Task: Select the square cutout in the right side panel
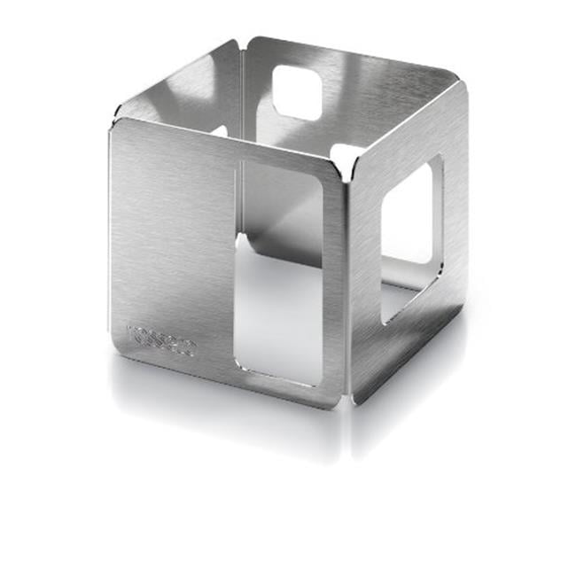tap(410, 239)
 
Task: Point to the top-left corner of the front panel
tap(113, 126)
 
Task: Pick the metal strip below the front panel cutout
tap(275, 395)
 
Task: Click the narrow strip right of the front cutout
tap(332, 284)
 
